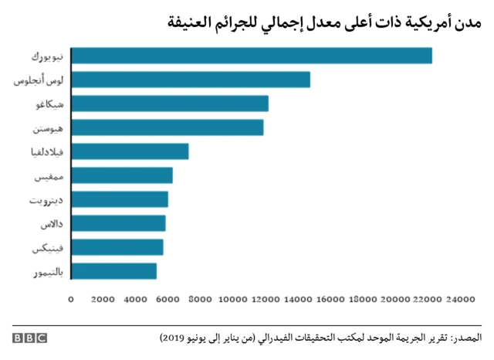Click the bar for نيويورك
pyautogui.click(x=252, y=56)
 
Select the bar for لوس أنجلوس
pyautogui.click(x=191, y=80)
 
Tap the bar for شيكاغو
pyautogui.click(x=170, y=104)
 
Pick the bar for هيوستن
pyautogui.click(x=167, y=127)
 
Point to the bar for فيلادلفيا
pyautogui.click(x=130, y=151)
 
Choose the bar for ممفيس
pyautogui.click(x=122, y=175)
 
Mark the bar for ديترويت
pyautogui.click(x=120, y=199)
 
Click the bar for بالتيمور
pyautogui.click(x=114, y=271)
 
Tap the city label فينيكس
pyautogui.click(x=49, y=248)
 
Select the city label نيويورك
pyautogui.click(x=48, y=56)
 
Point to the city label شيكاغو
pyautogui.click(x=50, y=104)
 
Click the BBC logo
pyautogui.click(x=29, y=338)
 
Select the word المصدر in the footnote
pyautogui.click(x=465, y=338)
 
